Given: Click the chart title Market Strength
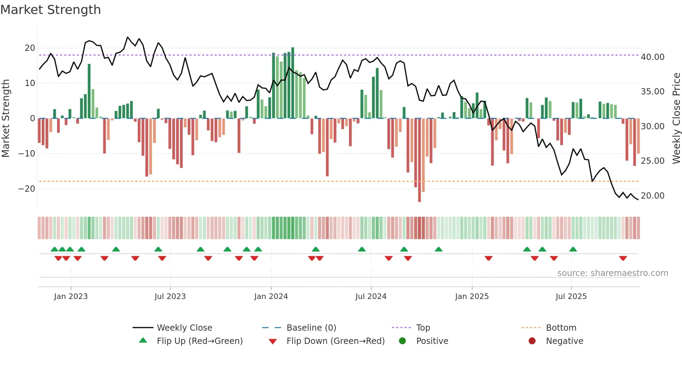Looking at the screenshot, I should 51,10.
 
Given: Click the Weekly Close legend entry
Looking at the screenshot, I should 184,328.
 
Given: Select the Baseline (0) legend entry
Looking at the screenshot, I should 311,328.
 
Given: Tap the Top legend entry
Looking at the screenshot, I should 423,328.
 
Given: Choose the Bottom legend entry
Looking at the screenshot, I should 561,328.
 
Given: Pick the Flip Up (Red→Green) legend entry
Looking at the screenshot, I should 199,341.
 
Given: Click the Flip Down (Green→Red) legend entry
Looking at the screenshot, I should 335,341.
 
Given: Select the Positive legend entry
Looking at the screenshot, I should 432,341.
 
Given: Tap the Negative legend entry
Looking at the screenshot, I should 564,341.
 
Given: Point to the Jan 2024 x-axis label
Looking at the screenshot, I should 271,296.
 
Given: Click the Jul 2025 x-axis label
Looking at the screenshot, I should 571,296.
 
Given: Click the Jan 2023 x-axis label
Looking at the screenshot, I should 71,296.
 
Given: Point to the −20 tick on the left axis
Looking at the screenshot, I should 27,189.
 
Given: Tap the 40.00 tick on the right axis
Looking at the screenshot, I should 652,57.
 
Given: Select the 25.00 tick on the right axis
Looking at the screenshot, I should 652,161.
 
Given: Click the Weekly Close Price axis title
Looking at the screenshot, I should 676,118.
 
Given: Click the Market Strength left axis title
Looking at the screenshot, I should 6,118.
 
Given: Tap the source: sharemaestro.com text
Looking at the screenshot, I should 612,273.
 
